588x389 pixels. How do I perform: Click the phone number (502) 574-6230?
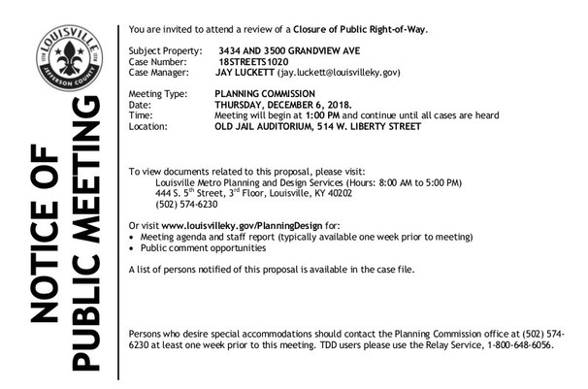click(x=186, y=204)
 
